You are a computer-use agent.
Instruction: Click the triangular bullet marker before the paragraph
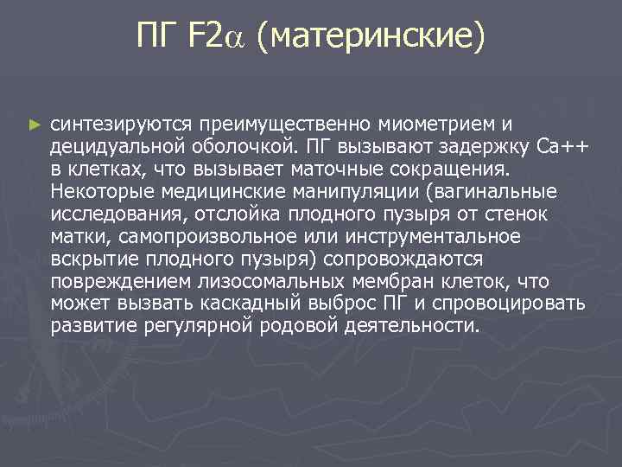[x=35, y=125]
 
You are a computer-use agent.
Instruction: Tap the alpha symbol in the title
[x=238, y=37]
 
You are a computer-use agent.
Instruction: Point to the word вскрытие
[x=88, y=259]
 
